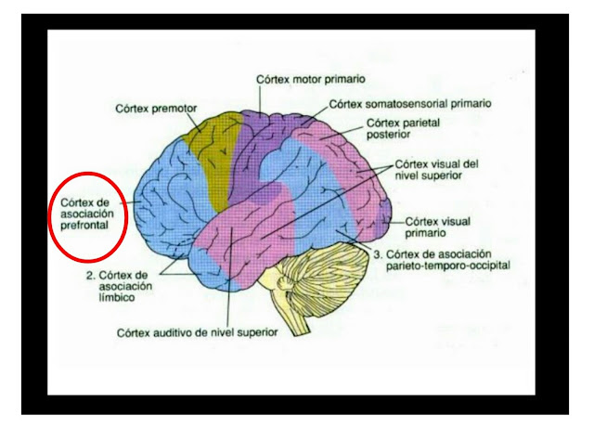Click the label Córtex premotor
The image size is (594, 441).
pos(157,108)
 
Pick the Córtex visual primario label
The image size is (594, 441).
pos(438,228)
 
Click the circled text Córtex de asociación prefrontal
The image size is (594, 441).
pos(86,213)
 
